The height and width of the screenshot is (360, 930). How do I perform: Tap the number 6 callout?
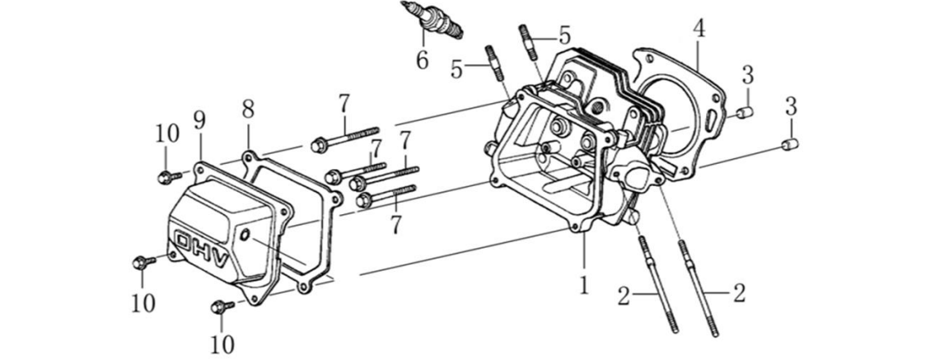pos(422,60)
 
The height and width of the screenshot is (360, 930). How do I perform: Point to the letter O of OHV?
pos(183,241)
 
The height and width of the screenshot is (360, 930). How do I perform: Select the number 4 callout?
pos(698,28)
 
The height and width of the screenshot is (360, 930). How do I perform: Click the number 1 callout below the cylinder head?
pos(583,285)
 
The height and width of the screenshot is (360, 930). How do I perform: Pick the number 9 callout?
pos(199,120)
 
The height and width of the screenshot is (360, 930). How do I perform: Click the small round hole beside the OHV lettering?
pos(245,236)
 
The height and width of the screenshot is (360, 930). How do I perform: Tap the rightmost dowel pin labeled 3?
pos(789,146)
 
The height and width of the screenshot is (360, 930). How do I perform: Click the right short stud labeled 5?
pos(529,42)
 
